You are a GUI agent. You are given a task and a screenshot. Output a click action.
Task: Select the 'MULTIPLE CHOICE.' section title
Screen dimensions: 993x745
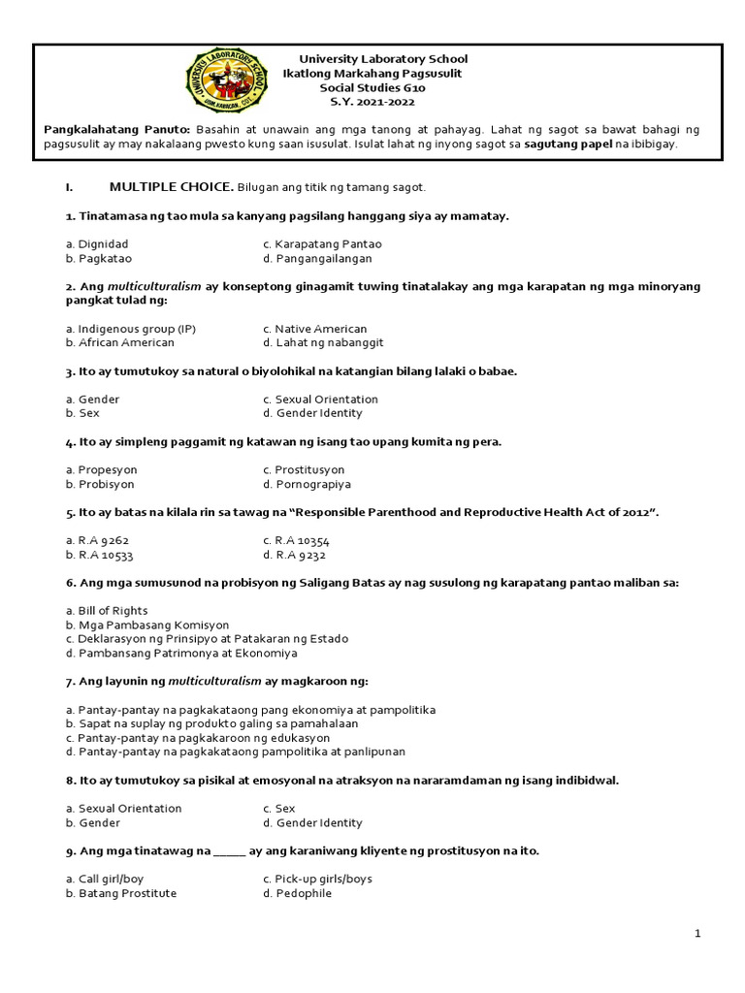(x=171, y=186)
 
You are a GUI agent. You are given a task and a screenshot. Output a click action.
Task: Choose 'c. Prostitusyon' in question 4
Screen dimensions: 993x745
(x=304, y=470)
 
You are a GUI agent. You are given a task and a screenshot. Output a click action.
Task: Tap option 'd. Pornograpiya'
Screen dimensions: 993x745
(x=307, y=484)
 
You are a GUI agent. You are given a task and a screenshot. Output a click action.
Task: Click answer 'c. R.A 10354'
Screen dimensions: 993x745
(x=296, y=540)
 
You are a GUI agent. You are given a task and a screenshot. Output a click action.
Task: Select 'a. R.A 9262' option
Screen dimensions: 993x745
(x=97, y=540)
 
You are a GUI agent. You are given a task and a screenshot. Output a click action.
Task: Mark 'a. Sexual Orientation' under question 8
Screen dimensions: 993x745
(x=123, y=809)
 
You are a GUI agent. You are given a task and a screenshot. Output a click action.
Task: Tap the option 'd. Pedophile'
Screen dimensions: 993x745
(x=297, y=893)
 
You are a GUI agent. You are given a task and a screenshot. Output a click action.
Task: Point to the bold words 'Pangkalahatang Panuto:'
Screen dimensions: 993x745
(x=117, y=129)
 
